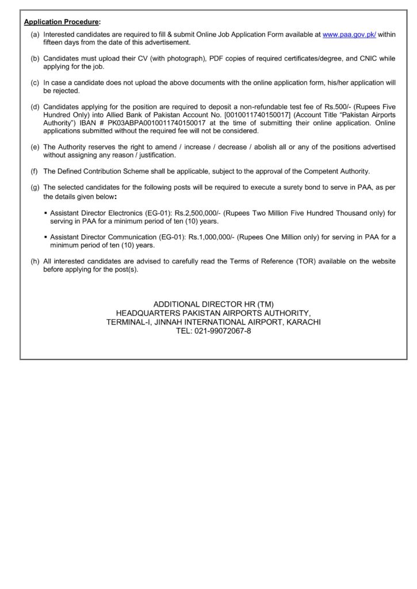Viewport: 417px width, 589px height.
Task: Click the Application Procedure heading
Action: (62, 22)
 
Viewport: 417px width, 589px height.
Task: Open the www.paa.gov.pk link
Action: (349, 35)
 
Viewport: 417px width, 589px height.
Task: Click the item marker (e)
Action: (35, 147)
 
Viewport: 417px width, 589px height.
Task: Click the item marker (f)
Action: (35, 171)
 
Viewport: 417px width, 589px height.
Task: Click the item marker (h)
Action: (35, 261)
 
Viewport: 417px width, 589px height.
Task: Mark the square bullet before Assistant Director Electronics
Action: (45, 213)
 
